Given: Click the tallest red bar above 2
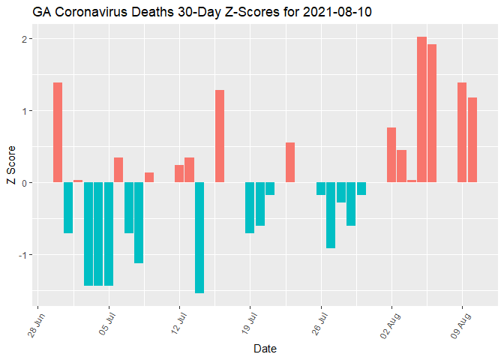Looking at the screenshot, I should coord(421,109).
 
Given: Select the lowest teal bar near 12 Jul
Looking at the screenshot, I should coord(199,237).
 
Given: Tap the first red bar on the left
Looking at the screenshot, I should coord(58,132).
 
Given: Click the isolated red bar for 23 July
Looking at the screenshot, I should coord(290,162).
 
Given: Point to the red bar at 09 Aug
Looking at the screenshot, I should coord(462,132).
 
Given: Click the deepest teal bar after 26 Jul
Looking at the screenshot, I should coord(331,214).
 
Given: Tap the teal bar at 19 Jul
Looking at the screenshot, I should coord(250,208).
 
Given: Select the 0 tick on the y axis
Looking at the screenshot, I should coord(25,183).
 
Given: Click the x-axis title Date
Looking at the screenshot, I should coord(265,349).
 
